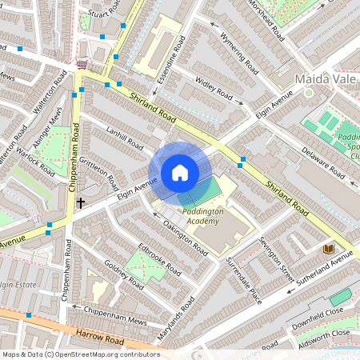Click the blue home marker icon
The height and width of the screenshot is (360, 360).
point(180,173)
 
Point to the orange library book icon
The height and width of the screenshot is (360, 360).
point(327,250)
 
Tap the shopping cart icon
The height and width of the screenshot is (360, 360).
point(81,64)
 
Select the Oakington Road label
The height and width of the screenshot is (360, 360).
point(183,238)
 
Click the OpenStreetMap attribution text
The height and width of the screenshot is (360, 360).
point(80,354)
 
